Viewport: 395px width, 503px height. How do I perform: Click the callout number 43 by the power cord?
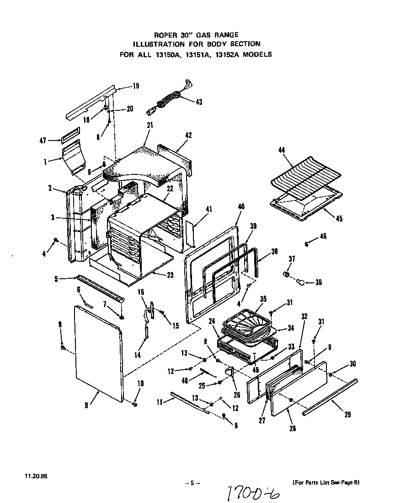(x=198, y=102)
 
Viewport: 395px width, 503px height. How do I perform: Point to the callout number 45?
(x=338, y=218)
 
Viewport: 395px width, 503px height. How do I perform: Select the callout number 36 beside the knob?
(x=318, y=282)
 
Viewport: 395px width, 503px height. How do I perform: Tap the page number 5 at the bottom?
(x=192, y=483)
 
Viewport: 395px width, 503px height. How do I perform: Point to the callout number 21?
(x=150, y=125)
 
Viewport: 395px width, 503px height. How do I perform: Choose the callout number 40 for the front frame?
(x=241, y=207)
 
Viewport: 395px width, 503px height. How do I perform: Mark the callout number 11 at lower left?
(x=160, y=402)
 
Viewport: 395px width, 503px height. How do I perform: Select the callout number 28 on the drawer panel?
(x=292, y=428)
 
